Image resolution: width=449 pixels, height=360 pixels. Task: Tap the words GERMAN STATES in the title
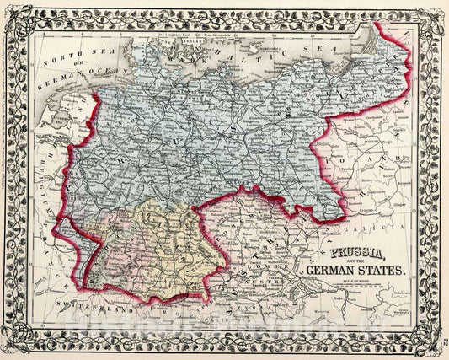360,270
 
